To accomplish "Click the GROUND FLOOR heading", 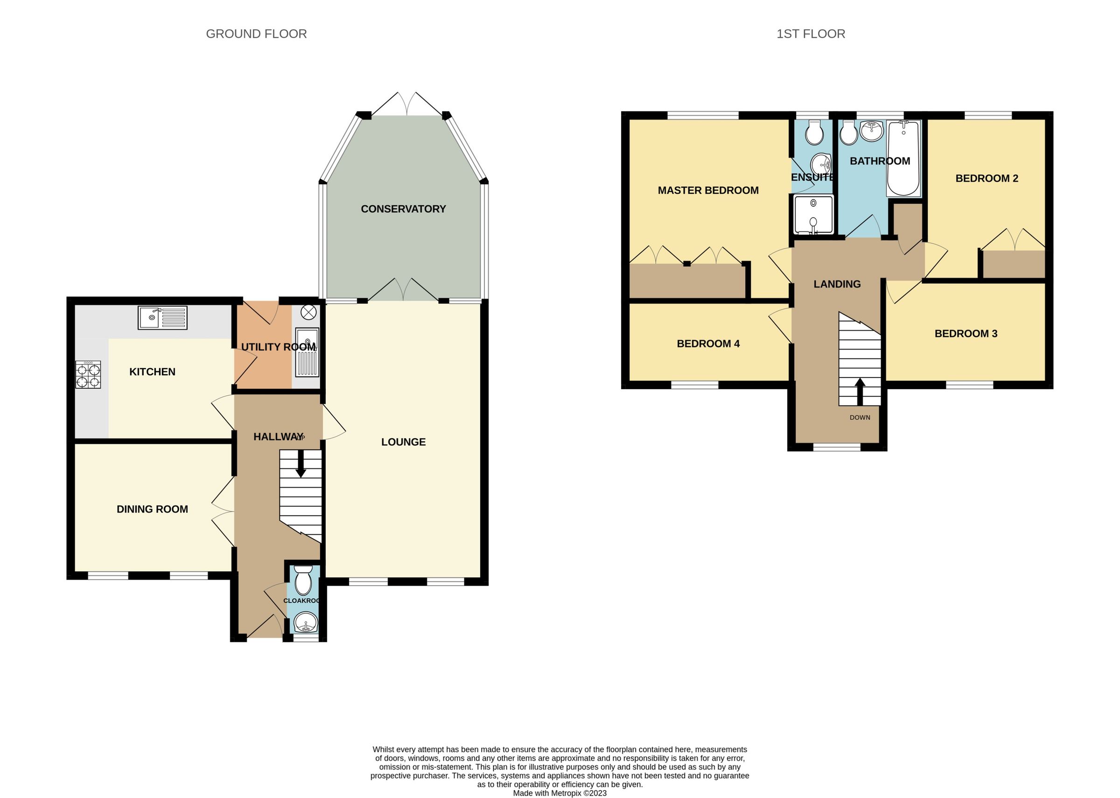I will [256, 34].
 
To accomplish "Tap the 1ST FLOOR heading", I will [811, 34].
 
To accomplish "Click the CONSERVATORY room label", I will [403, 209].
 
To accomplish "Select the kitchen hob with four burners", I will [88, 375].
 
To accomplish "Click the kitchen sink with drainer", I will [162, 318].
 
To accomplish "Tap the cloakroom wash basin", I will [306, 623].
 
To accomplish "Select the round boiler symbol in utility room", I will [308, 312].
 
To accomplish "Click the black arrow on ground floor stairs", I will [300, 464].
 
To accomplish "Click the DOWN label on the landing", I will [860, 418].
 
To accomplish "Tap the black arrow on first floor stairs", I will [860, 391].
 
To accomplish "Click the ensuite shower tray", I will [813, 215].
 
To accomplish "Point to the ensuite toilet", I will [814, 133].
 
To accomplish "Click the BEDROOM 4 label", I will [708, 344].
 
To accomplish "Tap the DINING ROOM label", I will [152, 510].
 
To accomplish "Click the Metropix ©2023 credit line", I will [560, 793].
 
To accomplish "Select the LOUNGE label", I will [403, 442].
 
